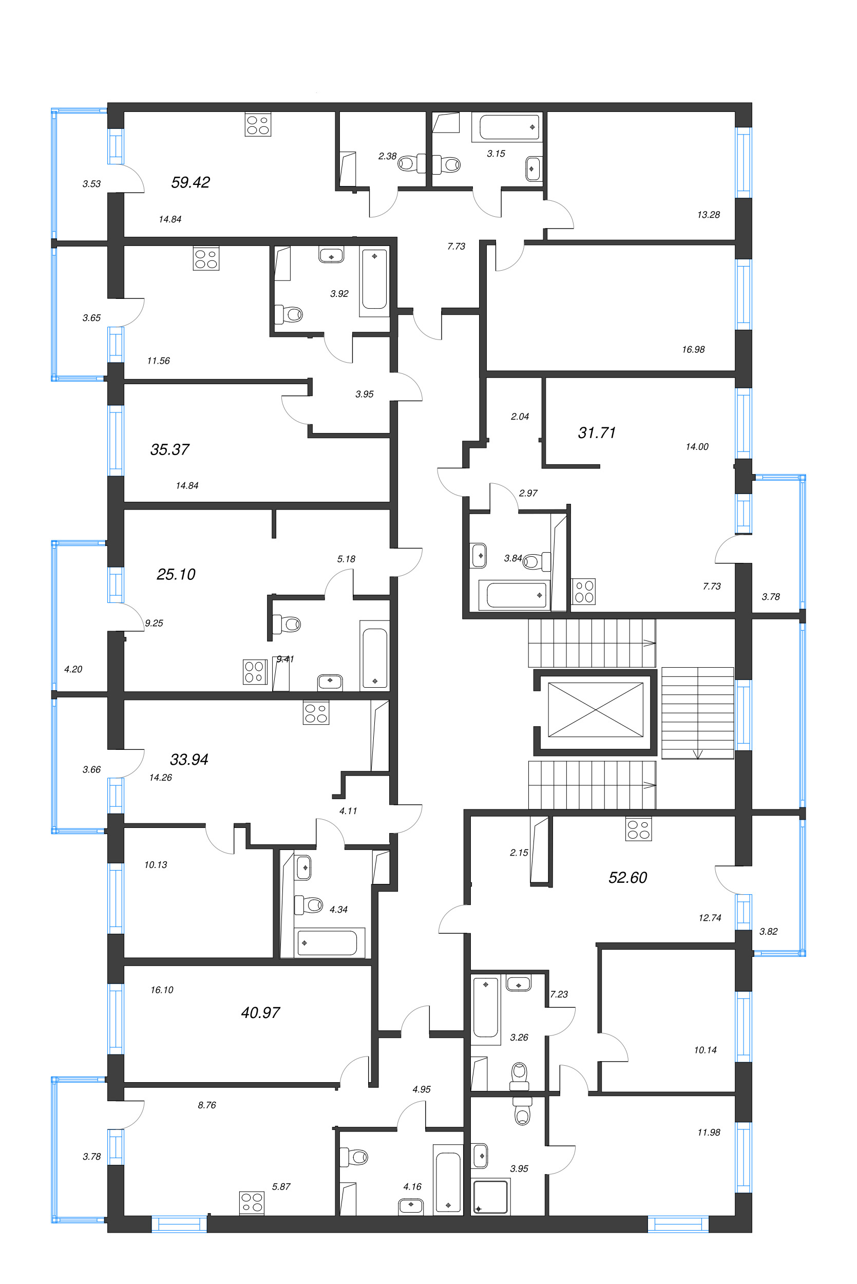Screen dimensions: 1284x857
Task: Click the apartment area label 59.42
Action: (190, 182)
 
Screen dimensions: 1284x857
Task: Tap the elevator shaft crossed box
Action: (595, 709)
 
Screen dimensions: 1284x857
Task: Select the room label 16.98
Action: (693, 349)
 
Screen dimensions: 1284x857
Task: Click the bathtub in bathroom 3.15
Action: (509, 127)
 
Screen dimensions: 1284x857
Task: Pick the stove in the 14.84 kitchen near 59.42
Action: (257, 125)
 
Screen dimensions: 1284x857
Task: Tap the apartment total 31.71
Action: (596, 433)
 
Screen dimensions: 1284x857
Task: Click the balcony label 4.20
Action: (73, 669)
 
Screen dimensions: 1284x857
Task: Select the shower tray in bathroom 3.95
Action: (491, 1197)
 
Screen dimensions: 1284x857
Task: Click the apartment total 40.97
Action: (260, 1013)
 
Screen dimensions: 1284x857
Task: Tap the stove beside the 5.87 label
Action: (252, 1202)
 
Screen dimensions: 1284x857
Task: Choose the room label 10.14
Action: (705, 1050)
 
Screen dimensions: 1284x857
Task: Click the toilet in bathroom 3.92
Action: (290, 314)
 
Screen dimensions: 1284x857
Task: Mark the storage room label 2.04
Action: (519, 417)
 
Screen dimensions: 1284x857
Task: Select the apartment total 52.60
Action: (627, 878)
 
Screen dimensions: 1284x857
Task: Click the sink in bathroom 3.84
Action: (479, 555)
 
